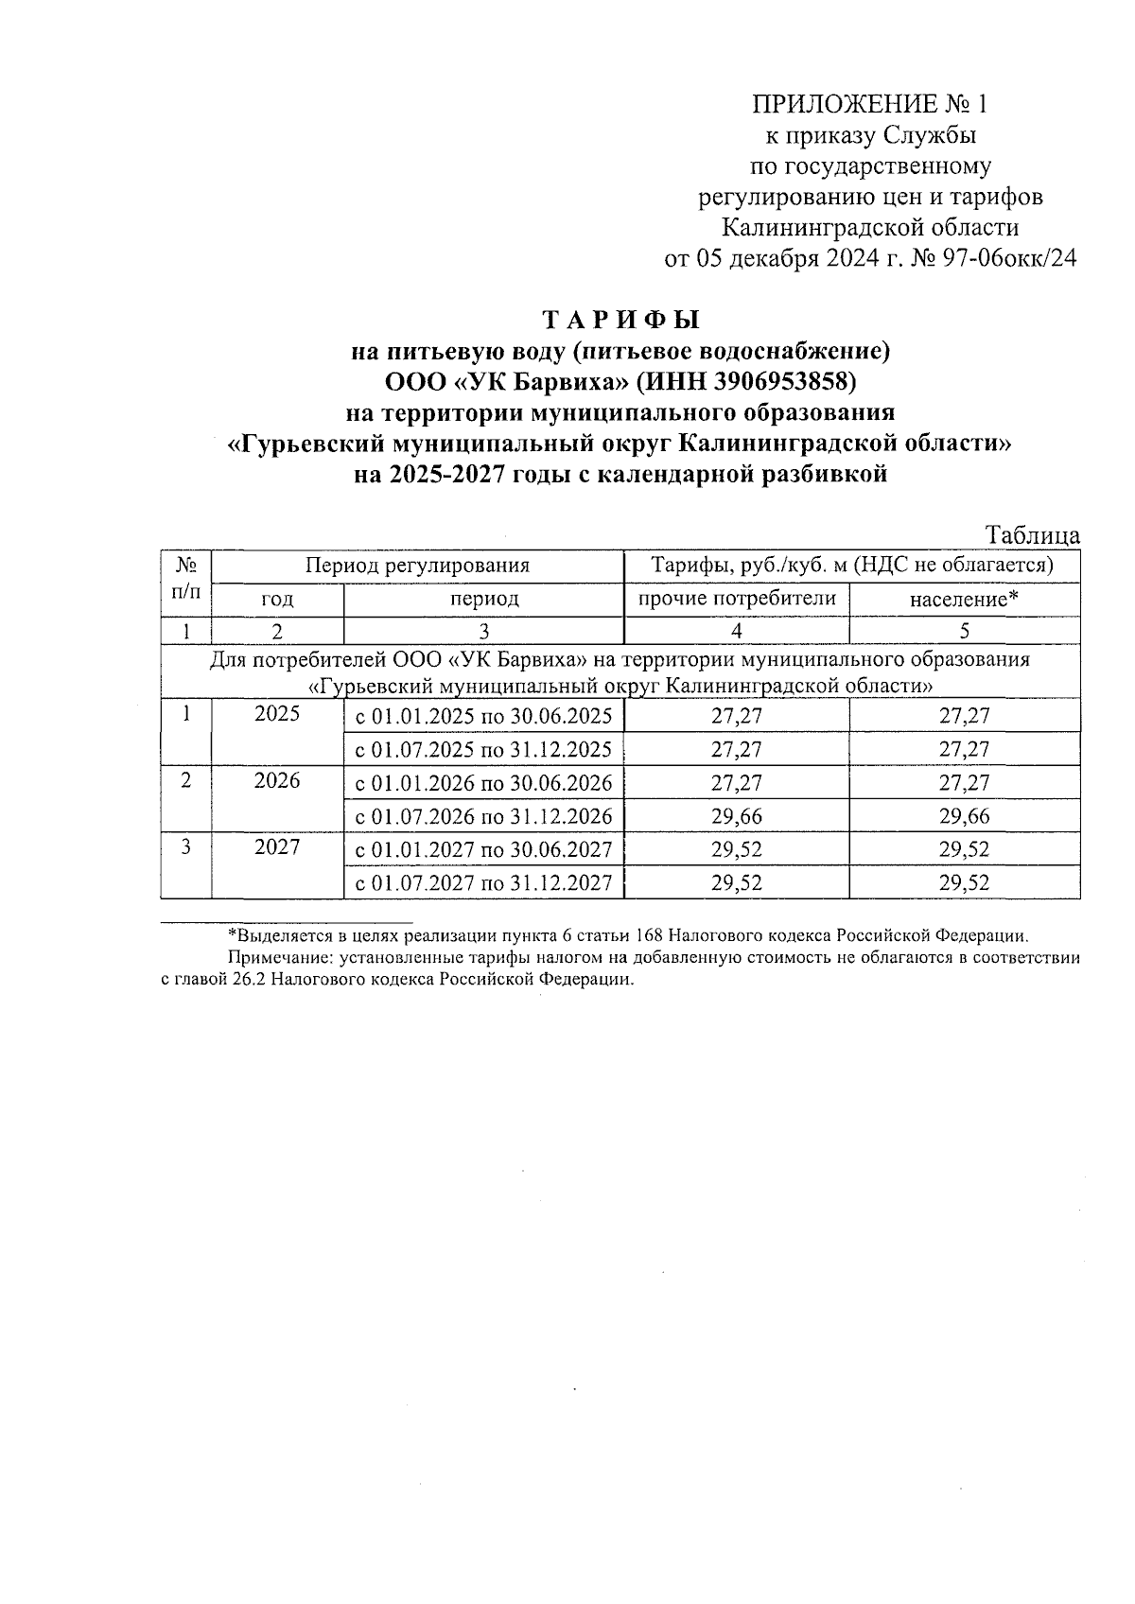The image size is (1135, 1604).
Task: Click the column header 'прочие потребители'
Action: click(x=737, y=598)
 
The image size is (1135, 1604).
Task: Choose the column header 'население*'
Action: click(x=964, y=599)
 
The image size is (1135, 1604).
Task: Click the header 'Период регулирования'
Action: click(x=417, y=566)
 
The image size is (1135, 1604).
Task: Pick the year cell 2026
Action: click(x=277, y=780)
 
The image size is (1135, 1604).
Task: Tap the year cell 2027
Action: click(x=277, y=846)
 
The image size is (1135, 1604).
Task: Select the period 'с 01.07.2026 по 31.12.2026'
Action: click(x=483, y=816)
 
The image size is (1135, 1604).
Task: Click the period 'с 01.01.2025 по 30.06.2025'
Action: click(x=483, y=716)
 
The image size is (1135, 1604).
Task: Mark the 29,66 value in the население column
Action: click(x=964, y=816)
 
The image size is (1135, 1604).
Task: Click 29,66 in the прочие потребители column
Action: click(x=737, y=816)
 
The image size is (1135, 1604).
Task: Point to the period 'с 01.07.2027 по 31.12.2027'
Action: click(x=483, y=883)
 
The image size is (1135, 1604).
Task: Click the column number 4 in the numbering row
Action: click(x=737, y=631)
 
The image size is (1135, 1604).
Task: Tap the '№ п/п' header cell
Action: click(x=186, y=580)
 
